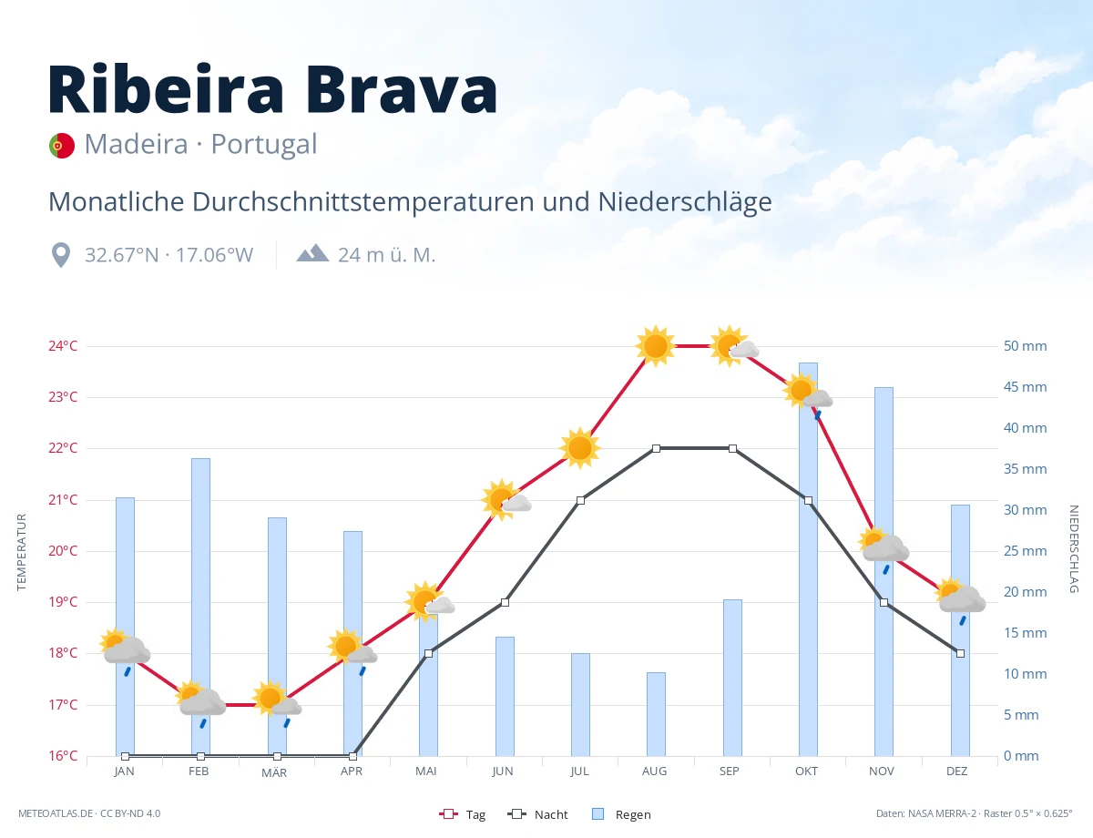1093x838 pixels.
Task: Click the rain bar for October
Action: [x=808, y=559]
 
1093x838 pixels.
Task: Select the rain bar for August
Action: [x=656, y=714]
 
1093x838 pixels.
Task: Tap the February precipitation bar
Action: [x=200, y=607]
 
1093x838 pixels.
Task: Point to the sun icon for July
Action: [x=580, y=447]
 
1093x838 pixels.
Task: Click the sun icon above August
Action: [x=656, y=346]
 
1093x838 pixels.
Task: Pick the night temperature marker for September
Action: [x=733, y=448]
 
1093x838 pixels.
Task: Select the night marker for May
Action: [x=429, y=653]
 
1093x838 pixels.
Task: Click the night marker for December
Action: [x=960, y=653]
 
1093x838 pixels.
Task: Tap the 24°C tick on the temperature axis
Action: [x=63, y=346]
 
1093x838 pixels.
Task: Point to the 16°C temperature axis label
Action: [x=63, y=755]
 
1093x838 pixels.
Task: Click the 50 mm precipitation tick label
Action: [x=1025, y=346]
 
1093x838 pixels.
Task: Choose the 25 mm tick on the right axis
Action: [x=1025, y=551]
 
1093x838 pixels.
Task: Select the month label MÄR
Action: [x=274, y=772]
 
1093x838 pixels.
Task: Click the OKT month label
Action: [x=806, y=772]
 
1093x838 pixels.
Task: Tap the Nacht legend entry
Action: [x=537, y=814]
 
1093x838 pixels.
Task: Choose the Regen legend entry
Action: [x=621, y=814]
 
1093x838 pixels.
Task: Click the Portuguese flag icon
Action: [x=61, y=146]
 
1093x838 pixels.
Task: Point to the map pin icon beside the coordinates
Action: [x=61, y=255]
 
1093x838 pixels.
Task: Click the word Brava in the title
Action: [x=401, y=89]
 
